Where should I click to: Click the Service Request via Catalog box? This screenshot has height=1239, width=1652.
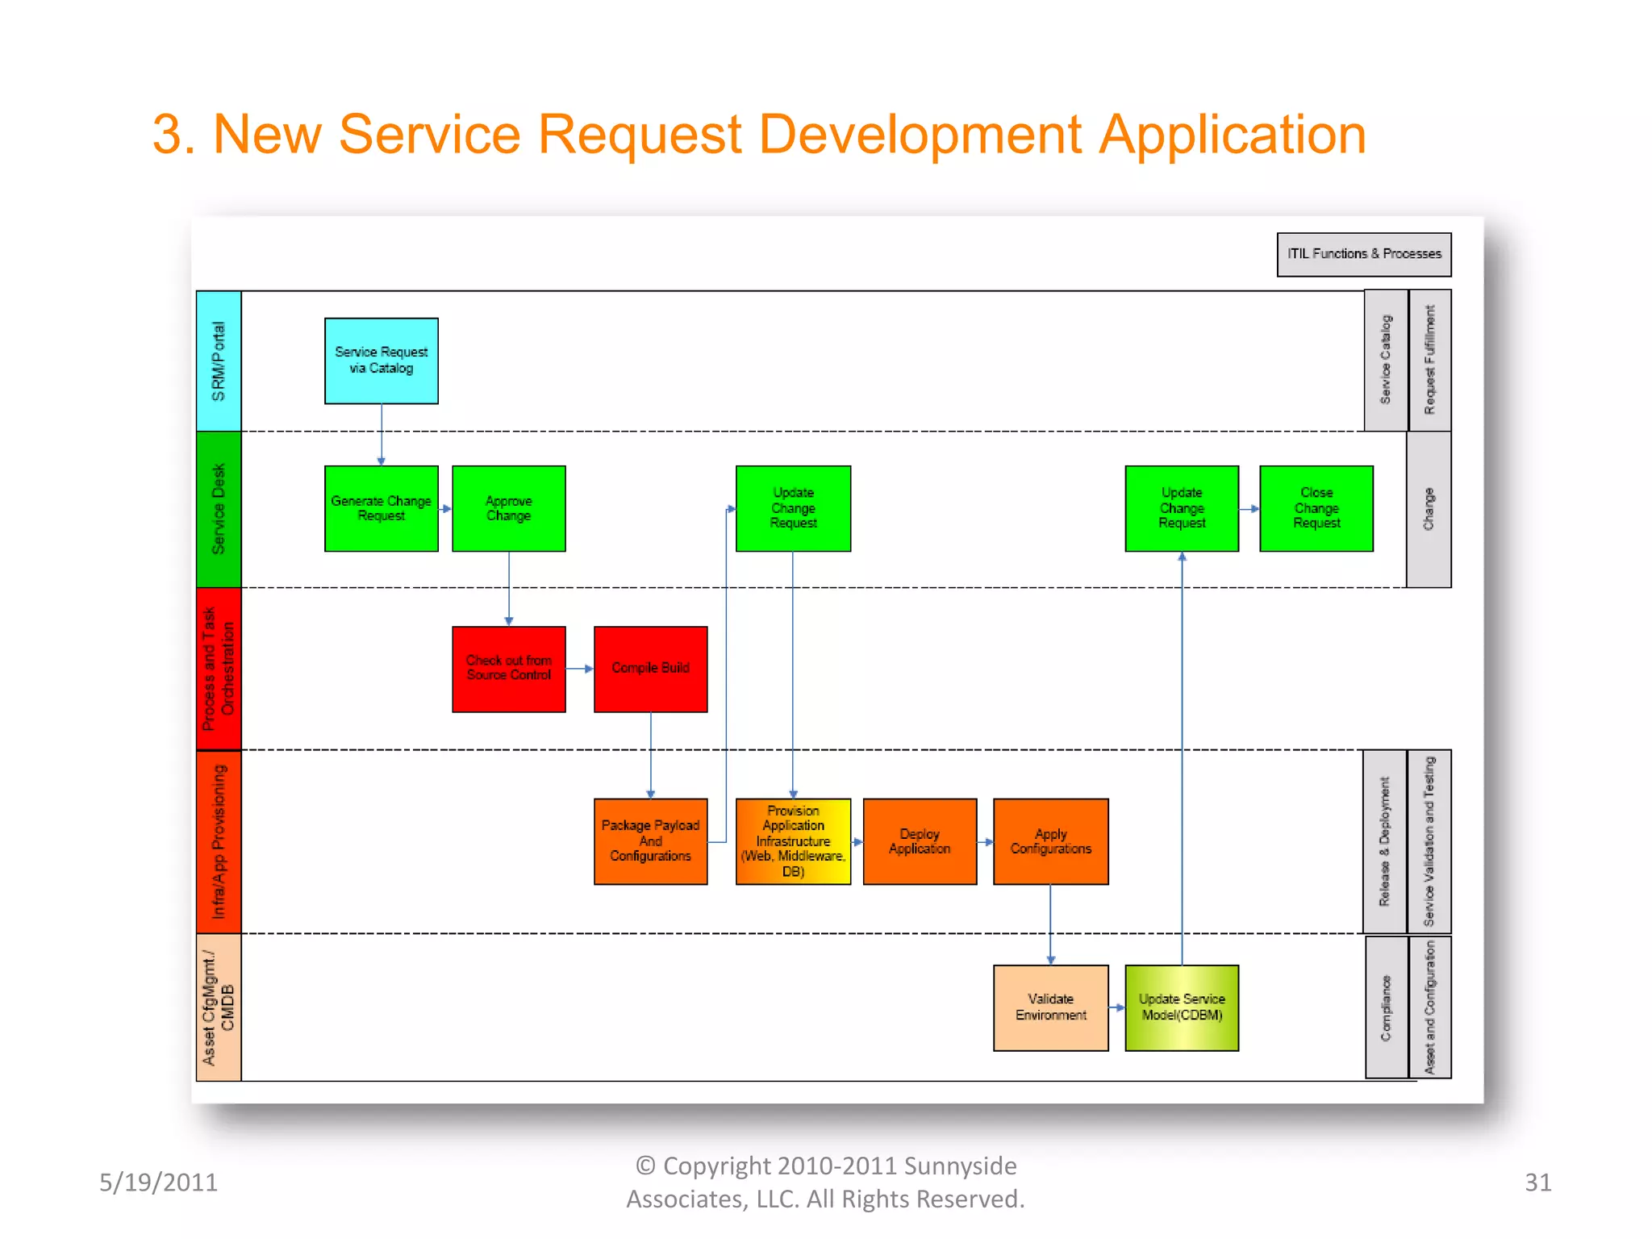tap(381, 361)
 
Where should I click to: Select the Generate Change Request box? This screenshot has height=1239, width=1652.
tap(381, 508)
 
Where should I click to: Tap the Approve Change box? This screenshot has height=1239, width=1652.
tap(508, 508)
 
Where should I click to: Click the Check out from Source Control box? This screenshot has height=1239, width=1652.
tap(508, 669)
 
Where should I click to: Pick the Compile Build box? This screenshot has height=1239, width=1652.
tap(650, 669)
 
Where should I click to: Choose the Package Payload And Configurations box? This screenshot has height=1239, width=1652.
tap(650, 841)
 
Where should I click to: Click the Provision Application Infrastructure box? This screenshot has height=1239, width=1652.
tap(793, 841)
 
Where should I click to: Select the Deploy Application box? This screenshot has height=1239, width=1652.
tap(920, 841)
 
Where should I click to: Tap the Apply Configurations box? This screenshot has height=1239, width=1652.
tap(1050, 841)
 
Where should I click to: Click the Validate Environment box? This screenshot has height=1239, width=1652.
tap(1050, 1007)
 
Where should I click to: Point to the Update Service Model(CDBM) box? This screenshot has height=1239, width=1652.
tap(1182, 1007)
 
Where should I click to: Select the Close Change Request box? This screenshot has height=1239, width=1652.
tap(1316, 508)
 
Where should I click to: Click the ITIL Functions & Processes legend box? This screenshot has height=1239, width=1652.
tap(1364, 254)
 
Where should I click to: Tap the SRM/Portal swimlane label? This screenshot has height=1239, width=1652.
tap(219, 361)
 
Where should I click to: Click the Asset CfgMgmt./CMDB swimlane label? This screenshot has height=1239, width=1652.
tap(219, 1007)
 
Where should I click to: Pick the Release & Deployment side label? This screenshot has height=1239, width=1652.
tap(1385, 841)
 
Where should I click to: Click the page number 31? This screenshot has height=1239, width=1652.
tap(1537, 1183)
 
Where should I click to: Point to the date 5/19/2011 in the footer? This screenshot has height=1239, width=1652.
tap(158, 1183)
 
